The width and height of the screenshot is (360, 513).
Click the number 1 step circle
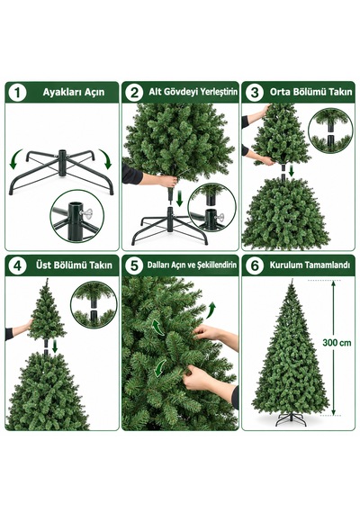17,93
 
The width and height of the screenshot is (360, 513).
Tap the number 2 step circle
134,93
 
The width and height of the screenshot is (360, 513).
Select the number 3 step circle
254,93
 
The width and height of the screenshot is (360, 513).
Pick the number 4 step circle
17,265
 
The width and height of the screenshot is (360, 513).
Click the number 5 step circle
134,265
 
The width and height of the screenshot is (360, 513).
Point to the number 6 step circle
254,265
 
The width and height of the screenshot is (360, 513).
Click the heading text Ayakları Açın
74,93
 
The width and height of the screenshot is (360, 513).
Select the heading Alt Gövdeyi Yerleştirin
193,92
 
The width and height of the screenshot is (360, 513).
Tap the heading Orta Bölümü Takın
310,92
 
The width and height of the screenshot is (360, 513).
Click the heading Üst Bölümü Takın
74,265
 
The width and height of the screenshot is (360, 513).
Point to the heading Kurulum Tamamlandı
310,265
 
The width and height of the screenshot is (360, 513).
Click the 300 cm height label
337,343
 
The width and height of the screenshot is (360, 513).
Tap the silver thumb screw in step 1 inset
86,213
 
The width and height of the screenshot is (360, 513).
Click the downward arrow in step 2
179,199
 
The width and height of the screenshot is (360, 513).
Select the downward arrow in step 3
292,171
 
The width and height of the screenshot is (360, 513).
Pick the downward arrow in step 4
55,346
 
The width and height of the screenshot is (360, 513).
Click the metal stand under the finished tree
291,419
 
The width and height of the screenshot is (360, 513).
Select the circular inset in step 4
94,305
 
